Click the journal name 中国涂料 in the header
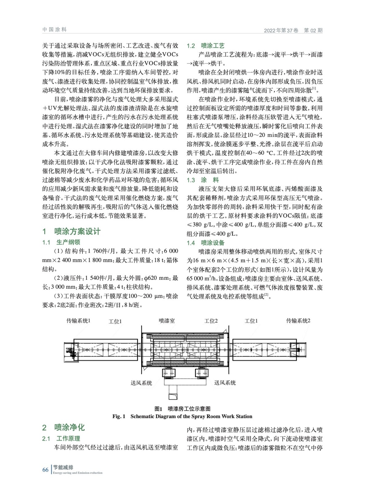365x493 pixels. click(x=54, y=30)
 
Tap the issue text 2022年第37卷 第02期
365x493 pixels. click(x=293, y=31)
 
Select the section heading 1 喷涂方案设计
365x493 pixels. click(x=72, y=231)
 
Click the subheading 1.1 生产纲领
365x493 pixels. click(x=61, y=242)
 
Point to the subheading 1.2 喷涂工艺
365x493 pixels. click(x=205, y=46)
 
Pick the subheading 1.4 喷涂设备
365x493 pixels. click(x=205, y=243)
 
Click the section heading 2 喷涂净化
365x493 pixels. click(x=63, y=427)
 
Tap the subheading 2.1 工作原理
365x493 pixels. click(x=61, y=438)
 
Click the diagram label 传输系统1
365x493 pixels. click(x=78, y=321)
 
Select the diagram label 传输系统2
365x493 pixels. click(x=298, y=321)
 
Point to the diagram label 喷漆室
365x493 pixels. click(x=167, y=321)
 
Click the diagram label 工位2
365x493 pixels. click(x=211, y=321)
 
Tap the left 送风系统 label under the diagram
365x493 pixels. click(x=141, y=383)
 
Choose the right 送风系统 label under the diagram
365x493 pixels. click(x=225, y=383)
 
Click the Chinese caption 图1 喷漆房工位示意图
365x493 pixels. click(x=182, y=409)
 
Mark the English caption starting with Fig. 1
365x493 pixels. click(x=182, y=417)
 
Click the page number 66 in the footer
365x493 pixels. click(x=46, y=470)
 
